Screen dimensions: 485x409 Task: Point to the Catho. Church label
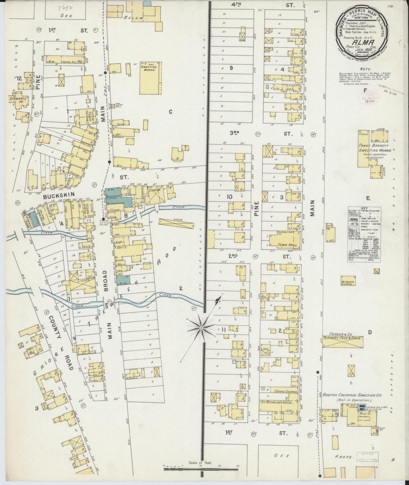(283, 392)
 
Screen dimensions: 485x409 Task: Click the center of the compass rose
(201, 328)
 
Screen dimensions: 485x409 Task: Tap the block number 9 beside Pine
(231, 68)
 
